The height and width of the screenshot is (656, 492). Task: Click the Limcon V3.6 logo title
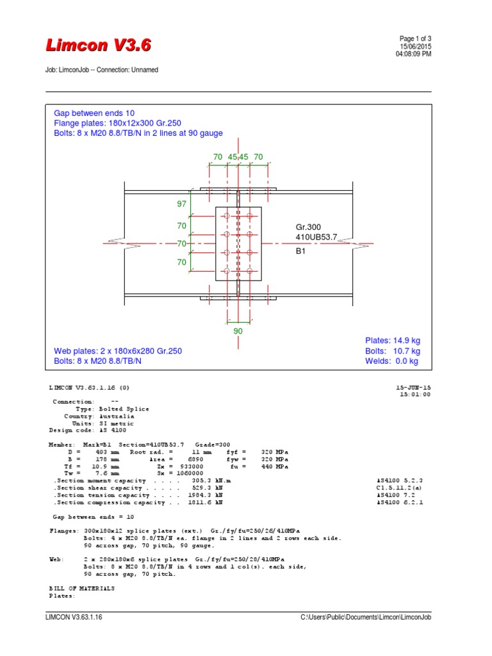click(x=99, y=45)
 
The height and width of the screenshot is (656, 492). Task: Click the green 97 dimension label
click(x=181, y=204)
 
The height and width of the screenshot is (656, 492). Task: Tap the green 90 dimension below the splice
click(x=238, y=331)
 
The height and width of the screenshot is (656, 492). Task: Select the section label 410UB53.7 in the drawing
click(x=316, y=238)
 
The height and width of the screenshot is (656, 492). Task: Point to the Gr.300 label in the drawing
click(x=308, y=227)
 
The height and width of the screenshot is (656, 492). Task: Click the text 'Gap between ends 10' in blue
click(x=94, y=113)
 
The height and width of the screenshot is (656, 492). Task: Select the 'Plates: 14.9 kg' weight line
click(x=393, y=340)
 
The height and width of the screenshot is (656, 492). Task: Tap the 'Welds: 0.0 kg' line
click(x=391, y=361)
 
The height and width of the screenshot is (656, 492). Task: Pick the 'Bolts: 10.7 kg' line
click(x=393, y=351)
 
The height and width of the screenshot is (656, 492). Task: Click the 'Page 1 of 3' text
click(x=415, y=38)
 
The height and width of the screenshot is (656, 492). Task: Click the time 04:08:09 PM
click(x=414, y=54)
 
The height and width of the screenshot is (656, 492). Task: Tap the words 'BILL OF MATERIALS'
click(x=82, y=588)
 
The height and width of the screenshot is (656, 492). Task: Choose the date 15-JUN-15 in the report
click(x=414, y=388)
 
